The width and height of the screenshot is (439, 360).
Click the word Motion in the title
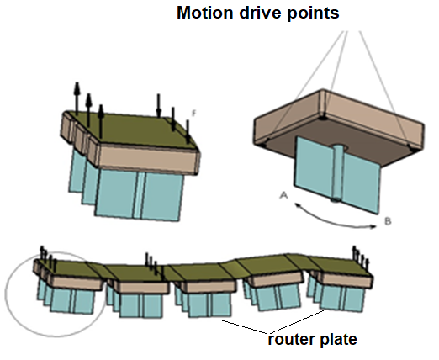[205, 13]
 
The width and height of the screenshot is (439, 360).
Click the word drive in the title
[260, 13]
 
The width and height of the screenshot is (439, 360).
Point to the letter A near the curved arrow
[283, 195]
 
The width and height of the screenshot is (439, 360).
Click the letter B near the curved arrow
[388, 221]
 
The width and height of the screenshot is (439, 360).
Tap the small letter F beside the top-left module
[193, 114]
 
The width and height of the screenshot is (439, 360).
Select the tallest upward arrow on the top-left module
[77, 98]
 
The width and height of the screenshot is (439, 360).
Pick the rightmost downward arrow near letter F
[188, 131]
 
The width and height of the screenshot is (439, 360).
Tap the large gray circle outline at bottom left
[6, 294]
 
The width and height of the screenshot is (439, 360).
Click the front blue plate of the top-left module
[140, 195]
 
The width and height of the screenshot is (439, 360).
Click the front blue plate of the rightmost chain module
[342, 299]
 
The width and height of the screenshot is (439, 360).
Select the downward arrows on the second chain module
[151, 262]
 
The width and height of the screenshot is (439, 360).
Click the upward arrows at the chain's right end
[361, 257]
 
